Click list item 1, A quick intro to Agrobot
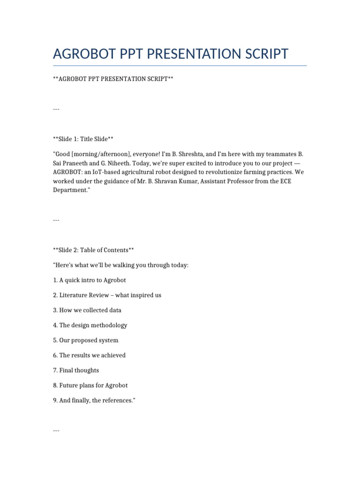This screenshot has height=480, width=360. point(90,280)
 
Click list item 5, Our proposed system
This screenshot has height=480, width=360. point(86,340)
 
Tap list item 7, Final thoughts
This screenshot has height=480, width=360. point(76,370)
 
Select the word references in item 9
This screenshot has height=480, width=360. point(117,400)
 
